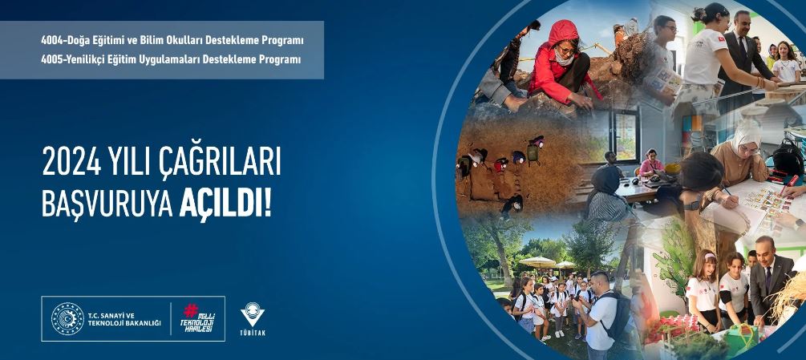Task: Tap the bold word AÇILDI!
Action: point(225,204)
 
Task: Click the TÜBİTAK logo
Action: point(253,319)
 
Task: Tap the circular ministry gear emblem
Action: point(67,319)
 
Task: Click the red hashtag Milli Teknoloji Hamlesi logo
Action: point(198,318)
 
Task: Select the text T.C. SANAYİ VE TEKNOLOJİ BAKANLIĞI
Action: point(124,319)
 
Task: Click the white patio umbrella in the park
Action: point(537,262)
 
